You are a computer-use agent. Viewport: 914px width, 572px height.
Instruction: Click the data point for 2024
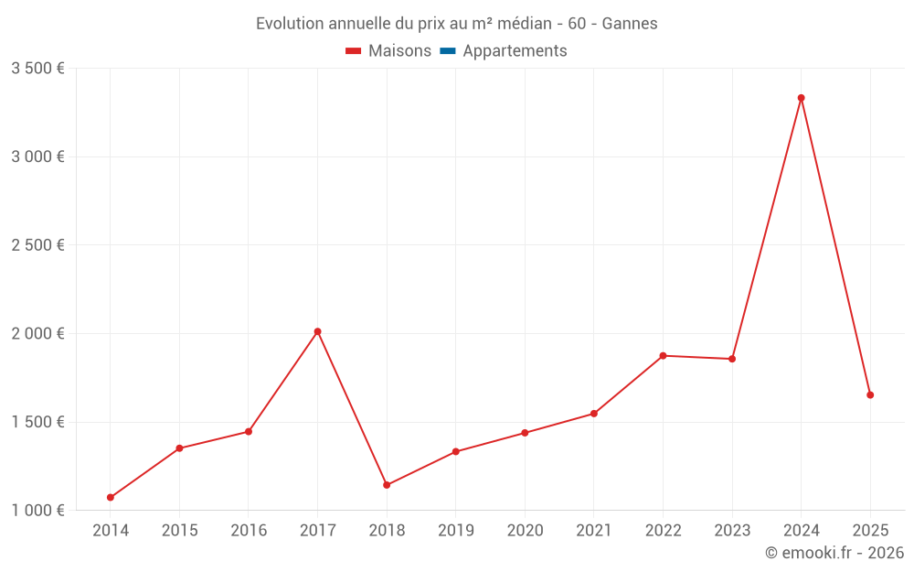pyautogui.click(x=801, y=98)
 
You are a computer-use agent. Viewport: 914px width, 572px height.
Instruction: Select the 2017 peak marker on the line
pyautogui.click(x=317, y=331)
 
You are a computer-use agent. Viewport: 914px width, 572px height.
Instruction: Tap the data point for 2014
pyautogui.click(x=111, y=498)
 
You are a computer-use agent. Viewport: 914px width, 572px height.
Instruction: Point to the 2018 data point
pyautogui.click(x=387, y=485)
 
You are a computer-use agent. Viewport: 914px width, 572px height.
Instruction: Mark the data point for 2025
pyautogui.click(x=870, y=395)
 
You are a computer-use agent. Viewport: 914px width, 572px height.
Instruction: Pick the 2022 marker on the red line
pyautogui.click(x=663, y=355)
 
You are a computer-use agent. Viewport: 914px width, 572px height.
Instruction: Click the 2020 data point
pyautogui.click(x=525, y=433)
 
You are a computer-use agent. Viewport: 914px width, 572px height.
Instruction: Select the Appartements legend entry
pyautogui.click(x=515, y=51)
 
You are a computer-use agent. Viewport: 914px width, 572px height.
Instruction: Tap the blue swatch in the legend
pyautogui.click(x=447, y=51)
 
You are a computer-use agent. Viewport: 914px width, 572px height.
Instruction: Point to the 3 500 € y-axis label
pyautogui.click(x=37, y=69)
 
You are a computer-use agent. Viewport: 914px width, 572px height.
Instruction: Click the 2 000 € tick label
pyautogui.click(x=37, y=334)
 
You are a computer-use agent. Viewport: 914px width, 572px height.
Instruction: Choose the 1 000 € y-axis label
pyautogui.click(x=37, y=511)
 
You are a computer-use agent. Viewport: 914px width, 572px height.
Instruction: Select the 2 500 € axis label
pyautogui.click(x=37, y=245)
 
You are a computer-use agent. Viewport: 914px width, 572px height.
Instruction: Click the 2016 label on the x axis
pyautogui.click(x=249, y=531)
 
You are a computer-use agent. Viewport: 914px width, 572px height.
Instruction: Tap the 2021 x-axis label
pyautogui.click(x=594, y=531)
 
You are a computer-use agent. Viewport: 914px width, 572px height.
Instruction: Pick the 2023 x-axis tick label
pyautogui.click(x=732, y=531)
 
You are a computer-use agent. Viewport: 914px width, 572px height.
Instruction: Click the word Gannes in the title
pyautogui.click(x=630, y=24)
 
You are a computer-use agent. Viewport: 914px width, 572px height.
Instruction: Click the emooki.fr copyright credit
pyautogui.click(x=834, y=553)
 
